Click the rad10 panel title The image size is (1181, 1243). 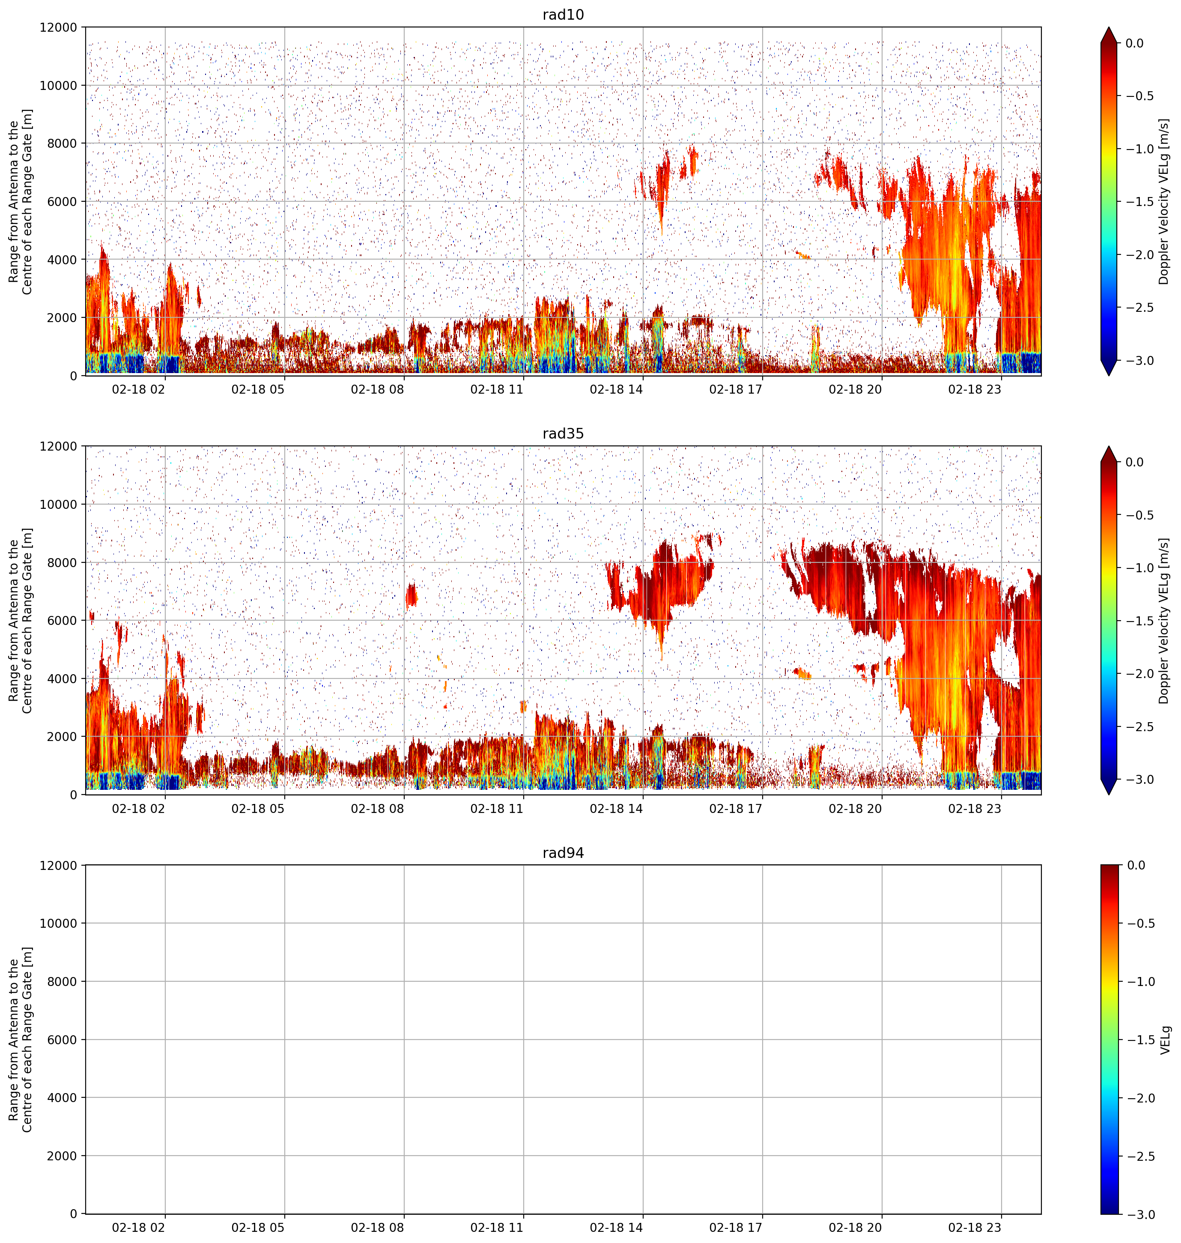tap(563, 15)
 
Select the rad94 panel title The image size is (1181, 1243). tap(563, 853)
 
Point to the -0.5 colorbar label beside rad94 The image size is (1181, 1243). tap(1139, 923)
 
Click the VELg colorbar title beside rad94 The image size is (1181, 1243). tap(1166, 1040)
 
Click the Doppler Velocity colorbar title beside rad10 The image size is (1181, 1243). tap(1164, 201)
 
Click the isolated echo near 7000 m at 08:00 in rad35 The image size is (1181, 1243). tap(411, 595)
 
